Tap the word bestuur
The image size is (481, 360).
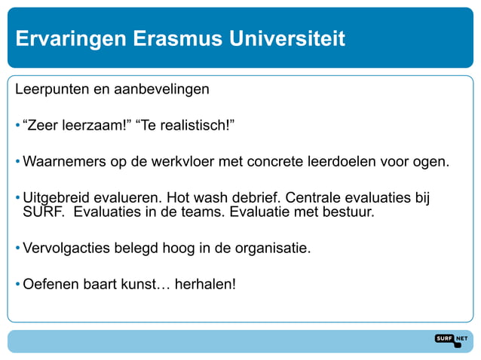pyautogui.click(x=348, y=212)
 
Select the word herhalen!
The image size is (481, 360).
pyautogui.click(x=205, y=285)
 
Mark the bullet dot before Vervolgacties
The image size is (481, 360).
pyautogui.click(x=17, y=248)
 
